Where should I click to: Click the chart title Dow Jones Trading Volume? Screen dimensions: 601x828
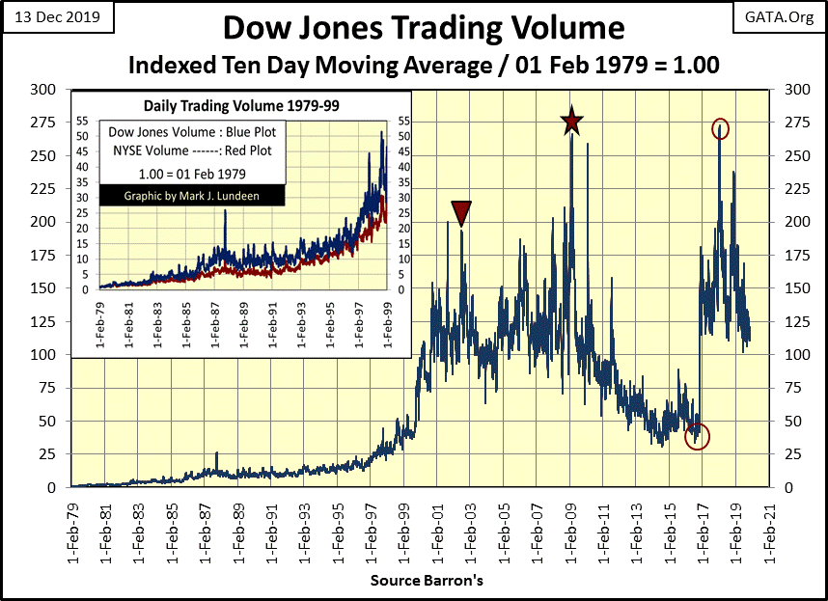tap(423, 26)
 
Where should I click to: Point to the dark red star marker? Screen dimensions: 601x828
tap(572, 122)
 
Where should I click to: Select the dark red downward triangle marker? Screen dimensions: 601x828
tap(461, 213)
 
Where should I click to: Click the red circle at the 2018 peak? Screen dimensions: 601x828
tap(720, 128)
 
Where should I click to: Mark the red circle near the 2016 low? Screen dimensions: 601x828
tap(697, 436)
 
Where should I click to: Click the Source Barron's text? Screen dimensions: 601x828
tap(427, 582)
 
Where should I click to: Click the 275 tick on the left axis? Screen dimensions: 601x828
tap(43, 123)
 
